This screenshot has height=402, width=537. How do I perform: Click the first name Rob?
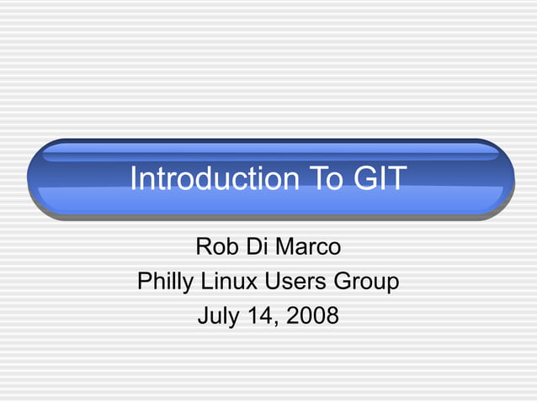pos(215,247)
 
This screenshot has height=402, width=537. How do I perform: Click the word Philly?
pos(166,282)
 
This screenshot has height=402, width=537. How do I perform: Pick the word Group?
pos(367,282)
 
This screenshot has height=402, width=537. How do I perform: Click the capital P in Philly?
pos(144,282)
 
